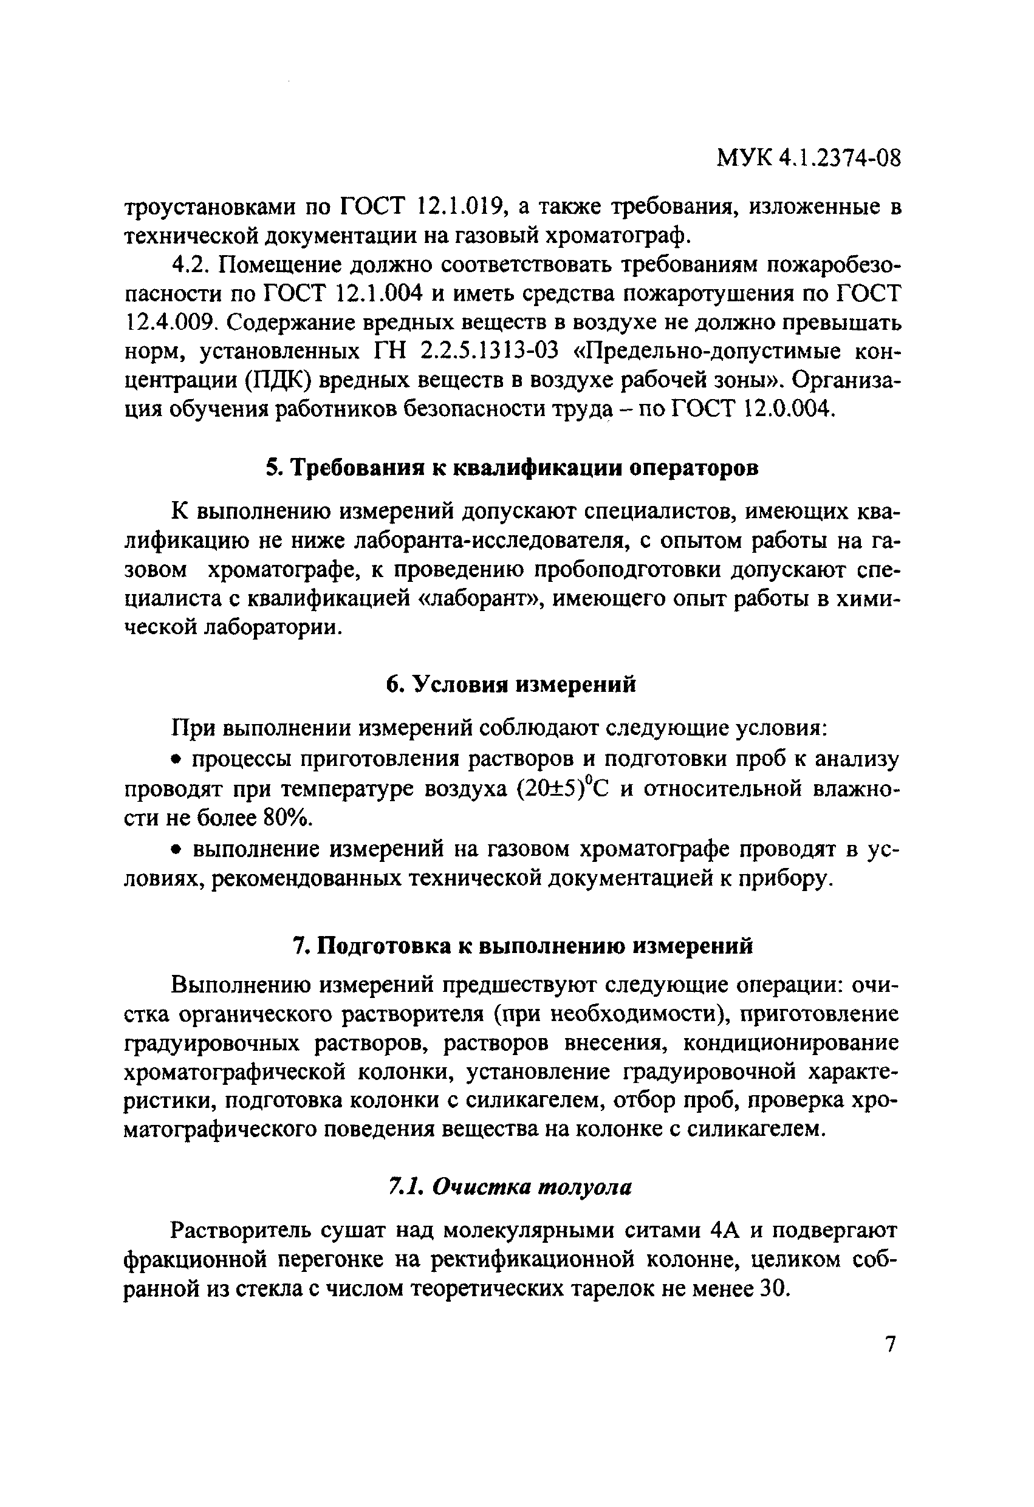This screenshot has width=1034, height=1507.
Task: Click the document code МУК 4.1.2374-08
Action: coord(808,157)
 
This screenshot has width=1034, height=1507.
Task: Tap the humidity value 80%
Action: coord(286,818)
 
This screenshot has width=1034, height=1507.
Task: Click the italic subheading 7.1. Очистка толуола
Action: coord(510,1187)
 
